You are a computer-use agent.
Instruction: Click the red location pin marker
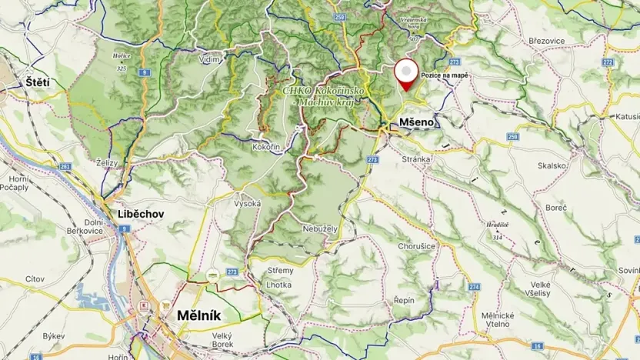(406, 75)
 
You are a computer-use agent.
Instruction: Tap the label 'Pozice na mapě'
(444, 75)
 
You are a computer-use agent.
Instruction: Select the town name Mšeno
(416, 122)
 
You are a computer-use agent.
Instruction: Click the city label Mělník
(199, 315)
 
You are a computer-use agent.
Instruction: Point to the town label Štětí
(37, 82)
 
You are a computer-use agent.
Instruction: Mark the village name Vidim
(209, 59)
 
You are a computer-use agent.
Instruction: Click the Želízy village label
(108, 163)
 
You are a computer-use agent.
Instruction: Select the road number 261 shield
(65, 166)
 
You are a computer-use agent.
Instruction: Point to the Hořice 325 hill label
(121, 62)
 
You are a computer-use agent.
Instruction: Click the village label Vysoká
(248, 204)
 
